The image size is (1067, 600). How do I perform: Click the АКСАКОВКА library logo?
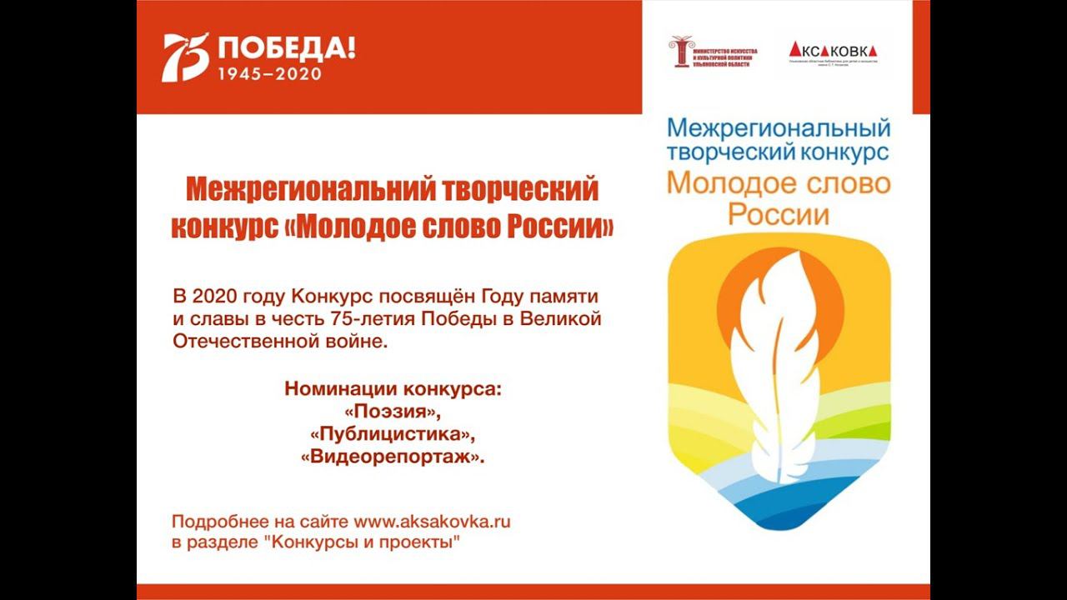[833, 51]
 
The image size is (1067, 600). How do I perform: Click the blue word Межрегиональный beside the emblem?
[779, 128]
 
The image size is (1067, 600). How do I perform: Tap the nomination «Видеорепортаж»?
[392, 457]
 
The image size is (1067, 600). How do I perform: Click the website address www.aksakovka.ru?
[432, 522]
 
